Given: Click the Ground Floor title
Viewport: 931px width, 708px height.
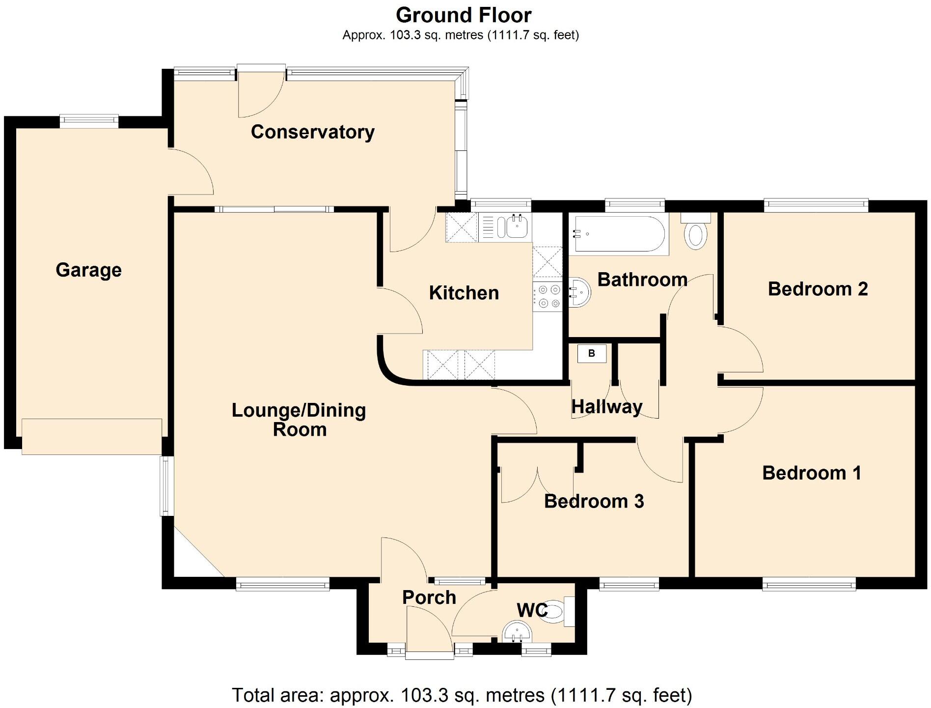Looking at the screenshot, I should (463, 15).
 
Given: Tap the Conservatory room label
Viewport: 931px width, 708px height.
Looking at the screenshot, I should (312, 132).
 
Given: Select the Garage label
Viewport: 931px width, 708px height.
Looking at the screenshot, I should (88, 270).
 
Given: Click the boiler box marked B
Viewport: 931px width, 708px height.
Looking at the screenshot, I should (591, 353).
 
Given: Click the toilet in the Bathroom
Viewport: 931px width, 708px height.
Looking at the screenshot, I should (696, 234).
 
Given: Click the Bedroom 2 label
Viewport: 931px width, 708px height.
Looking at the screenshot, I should (817, 289).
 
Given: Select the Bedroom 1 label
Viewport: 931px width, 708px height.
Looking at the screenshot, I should (811, 473).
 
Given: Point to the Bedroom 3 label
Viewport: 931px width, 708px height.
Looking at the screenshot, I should (594, 501).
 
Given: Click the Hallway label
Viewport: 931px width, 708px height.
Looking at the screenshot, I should (606, 407).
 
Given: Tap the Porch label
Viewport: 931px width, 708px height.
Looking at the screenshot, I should (429, 597).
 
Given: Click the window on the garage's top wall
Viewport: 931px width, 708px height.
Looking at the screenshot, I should (89, 120).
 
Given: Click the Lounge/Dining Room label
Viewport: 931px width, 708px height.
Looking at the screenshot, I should (299, 420).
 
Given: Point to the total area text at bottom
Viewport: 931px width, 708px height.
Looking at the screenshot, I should (462, 695).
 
